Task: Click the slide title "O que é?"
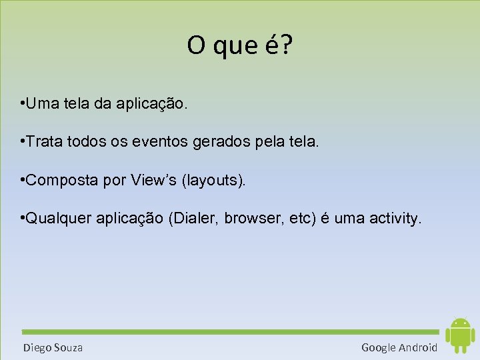(x=239, y=46)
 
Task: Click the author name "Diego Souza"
(x=53, y=347)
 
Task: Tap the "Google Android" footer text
(x=399, y=347)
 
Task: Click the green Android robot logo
(x=459, y=335)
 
